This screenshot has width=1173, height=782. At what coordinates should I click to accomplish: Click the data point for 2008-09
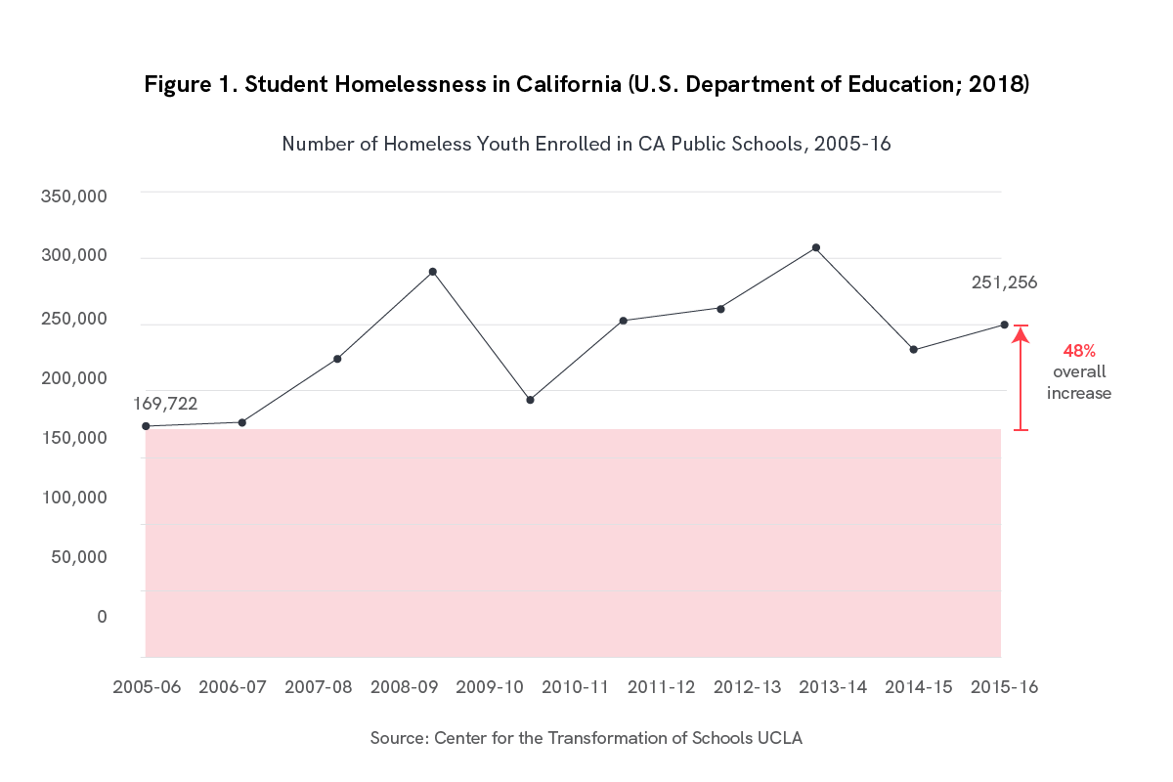tap(432, 272)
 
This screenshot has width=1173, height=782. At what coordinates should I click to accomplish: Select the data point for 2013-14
tap(815, 247)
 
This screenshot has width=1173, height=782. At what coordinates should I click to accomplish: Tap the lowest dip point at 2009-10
tap(530, 400)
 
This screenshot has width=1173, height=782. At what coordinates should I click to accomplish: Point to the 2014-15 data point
tap(913, 349)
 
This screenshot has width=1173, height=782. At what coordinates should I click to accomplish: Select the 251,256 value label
tap(1004, 282)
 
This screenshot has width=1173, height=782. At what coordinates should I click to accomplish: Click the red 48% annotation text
tap(1079, 350)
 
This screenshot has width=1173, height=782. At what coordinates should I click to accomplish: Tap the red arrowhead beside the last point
tap(1021, 335)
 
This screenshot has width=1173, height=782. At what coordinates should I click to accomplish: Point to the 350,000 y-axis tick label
tap(73, 196)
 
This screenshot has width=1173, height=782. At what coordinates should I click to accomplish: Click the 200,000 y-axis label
tap(73, 377)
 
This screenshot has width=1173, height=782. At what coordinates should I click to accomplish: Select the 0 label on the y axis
tap(102, 617)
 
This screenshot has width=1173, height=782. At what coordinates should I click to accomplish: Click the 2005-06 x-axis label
tap(147, 687)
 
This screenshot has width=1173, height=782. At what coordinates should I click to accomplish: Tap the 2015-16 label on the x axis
tap(1004, 687)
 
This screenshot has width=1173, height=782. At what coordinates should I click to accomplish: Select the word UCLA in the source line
tap(780, 738)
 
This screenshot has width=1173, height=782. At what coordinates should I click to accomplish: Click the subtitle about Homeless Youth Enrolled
tap(586, 144)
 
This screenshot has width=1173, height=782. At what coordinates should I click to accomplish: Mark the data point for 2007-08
tap(337, 359)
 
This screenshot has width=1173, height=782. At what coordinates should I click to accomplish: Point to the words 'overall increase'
tap(1079, 382)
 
